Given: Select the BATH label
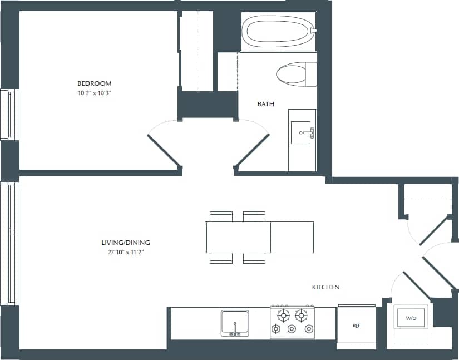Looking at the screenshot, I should pos(265,104).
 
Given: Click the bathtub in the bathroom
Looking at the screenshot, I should pos(278,32).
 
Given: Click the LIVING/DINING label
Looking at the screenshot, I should pos(126,243).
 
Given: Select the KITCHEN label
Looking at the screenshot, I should pos(325,287).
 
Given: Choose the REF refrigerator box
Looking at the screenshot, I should pos(356,326).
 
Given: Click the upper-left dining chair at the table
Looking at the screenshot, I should pos(221,216).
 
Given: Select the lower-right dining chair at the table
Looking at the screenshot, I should pos(254,258).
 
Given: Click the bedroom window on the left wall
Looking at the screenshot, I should pos(9,114).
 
